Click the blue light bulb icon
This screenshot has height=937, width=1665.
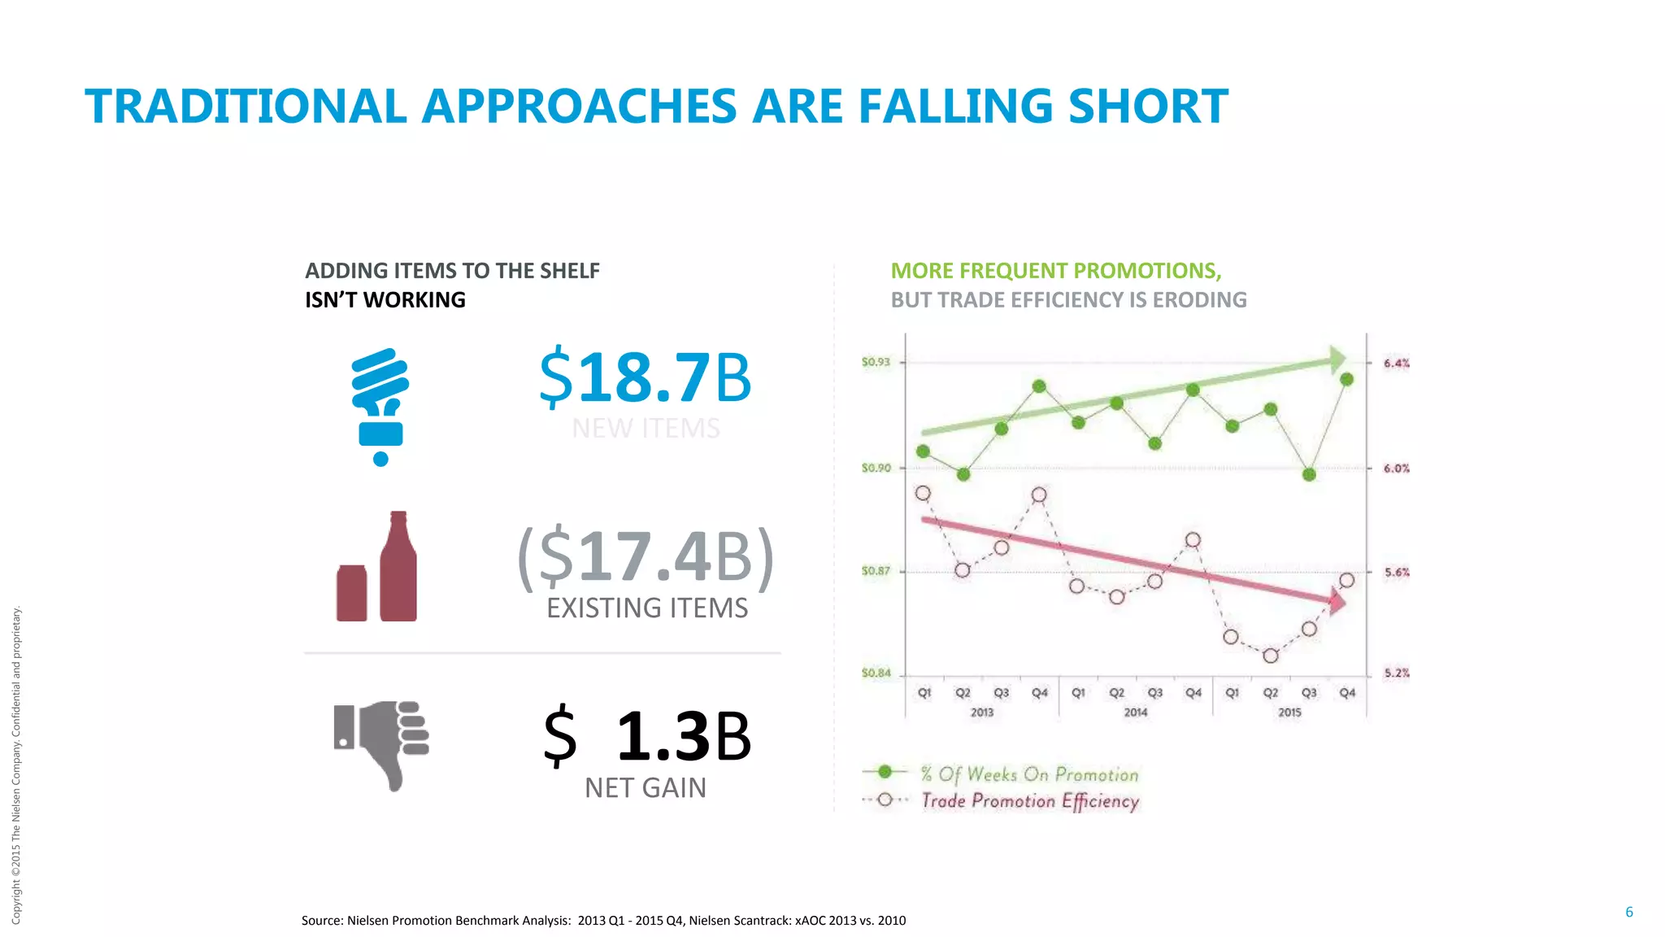[x=380, y=406]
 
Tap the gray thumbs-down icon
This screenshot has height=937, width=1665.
[x=381, y=743]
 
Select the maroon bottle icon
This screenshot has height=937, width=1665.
[x=398, y=567]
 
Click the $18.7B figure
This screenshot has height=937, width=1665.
[x=646, y=377]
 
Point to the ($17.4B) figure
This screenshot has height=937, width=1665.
[x=646, y=557]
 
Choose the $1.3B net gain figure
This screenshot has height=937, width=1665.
[x=647, y=736]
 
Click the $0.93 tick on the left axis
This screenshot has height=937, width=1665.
[x=876, y=362]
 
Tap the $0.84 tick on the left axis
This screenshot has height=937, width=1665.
[x=876, y=673]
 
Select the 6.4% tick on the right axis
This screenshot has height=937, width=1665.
[x=1397, y=363]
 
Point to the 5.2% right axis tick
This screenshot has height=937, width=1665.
[x=1397, y=673]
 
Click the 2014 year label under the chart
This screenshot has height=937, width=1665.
[x=1136, y=713]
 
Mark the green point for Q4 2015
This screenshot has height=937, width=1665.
[x=1346, y=380]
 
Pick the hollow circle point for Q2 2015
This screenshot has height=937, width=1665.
[x=1271, y=656]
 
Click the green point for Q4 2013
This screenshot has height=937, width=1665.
[x=1039, y=386]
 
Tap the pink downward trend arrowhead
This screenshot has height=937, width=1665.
[x=1337, y=602]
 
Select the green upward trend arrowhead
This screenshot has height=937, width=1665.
[x=1337, y=359]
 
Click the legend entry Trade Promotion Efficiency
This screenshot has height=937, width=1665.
[x=1029, y=801]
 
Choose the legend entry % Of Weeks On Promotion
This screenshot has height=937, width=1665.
[x=1028, y=774]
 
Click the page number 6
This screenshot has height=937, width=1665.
[x=1628, y=912]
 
